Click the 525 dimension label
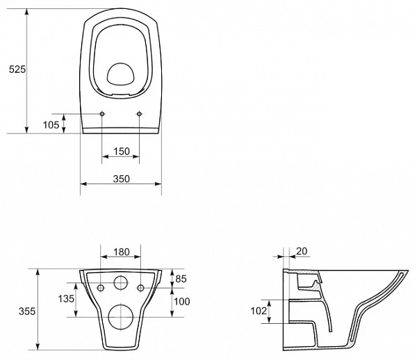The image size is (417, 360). [x=17, y=69]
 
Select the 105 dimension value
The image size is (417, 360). [x=51, y=124]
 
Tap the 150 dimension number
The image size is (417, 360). [x=122, y=152]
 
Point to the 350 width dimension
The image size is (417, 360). [x=122, y=179]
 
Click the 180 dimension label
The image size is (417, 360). [x=122, y=252]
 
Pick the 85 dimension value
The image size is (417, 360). [x=181, y=279]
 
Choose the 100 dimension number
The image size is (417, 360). [x=182, y=301]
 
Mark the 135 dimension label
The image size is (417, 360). [x=66, y=299]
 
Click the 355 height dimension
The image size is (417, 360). [x=27, y=311]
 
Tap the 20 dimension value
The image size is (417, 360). [x=302, y=251]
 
